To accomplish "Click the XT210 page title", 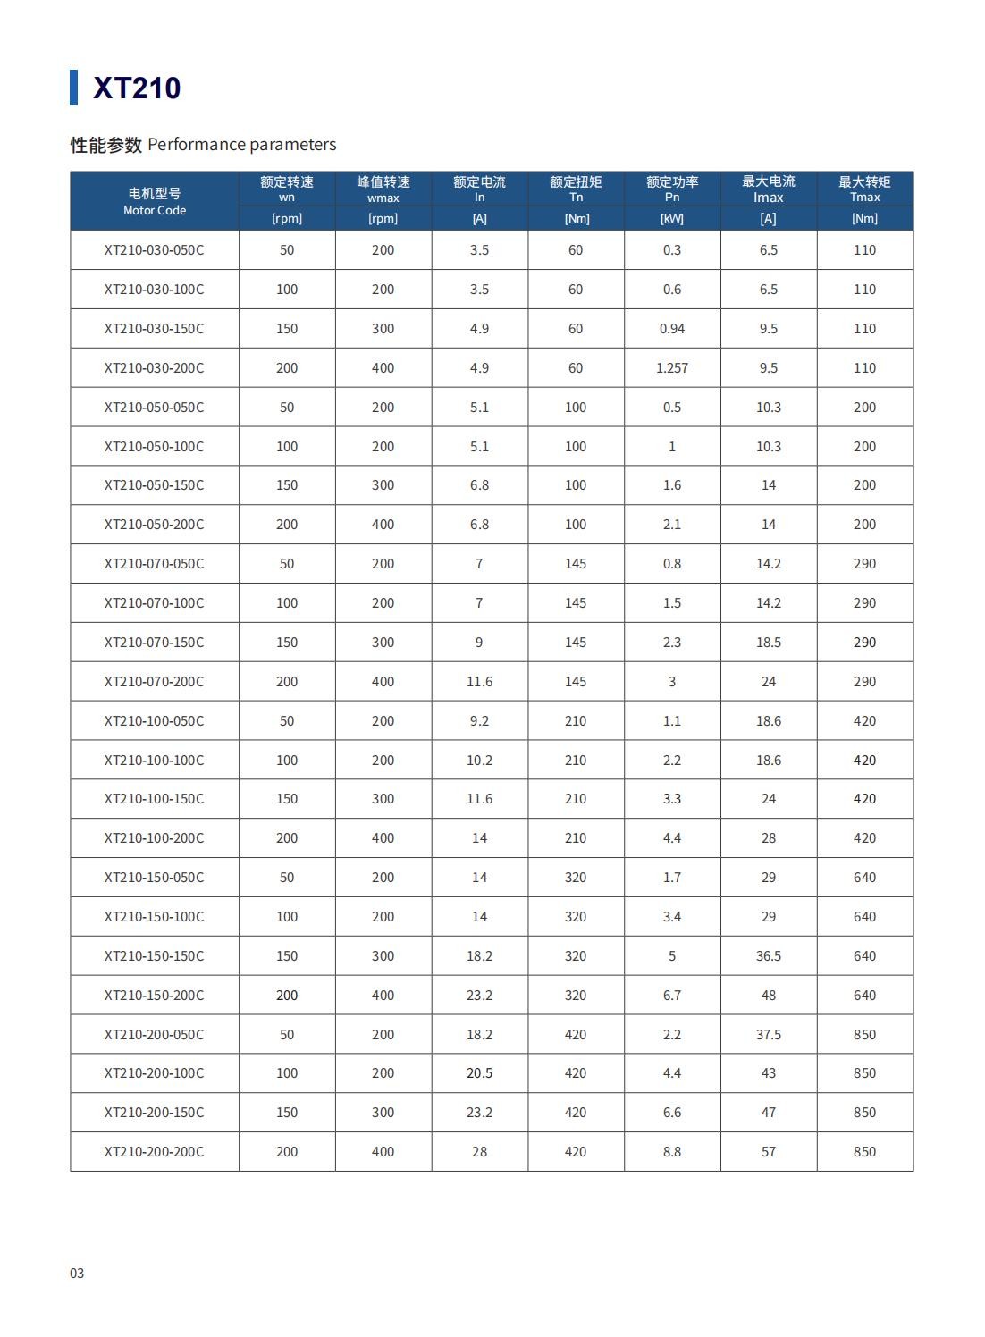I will (137, 88).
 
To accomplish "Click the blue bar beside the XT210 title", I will (73, 88).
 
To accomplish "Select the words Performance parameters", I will (241, 145).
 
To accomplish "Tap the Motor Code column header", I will (155, 202).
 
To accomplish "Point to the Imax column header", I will (768, 189).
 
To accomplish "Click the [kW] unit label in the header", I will (671, 218).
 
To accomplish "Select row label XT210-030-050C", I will (154, 250).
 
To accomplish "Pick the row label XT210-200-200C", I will (154, 1152).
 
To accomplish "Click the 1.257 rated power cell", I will (671, 368).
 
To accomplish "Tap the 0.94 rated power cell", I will (671, 329).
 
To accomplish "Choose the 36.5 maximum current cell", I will (768, 956).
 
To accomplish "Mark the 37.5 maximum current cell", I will (768, 1035).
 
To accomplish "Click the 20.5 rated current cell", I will (479, 1073).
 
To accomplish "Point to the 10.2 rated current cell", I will (479, 761).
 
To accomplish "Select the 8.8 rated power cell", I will (671, 1152).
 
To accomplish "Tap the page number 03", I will (77, 1274).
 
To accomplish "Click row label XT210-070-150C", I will (154, 643).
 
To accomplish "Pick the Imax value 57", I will (768, 1152).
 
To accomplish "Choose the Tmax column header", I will (864, 189).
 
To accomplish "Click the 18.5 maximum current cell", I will (768, 643).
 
